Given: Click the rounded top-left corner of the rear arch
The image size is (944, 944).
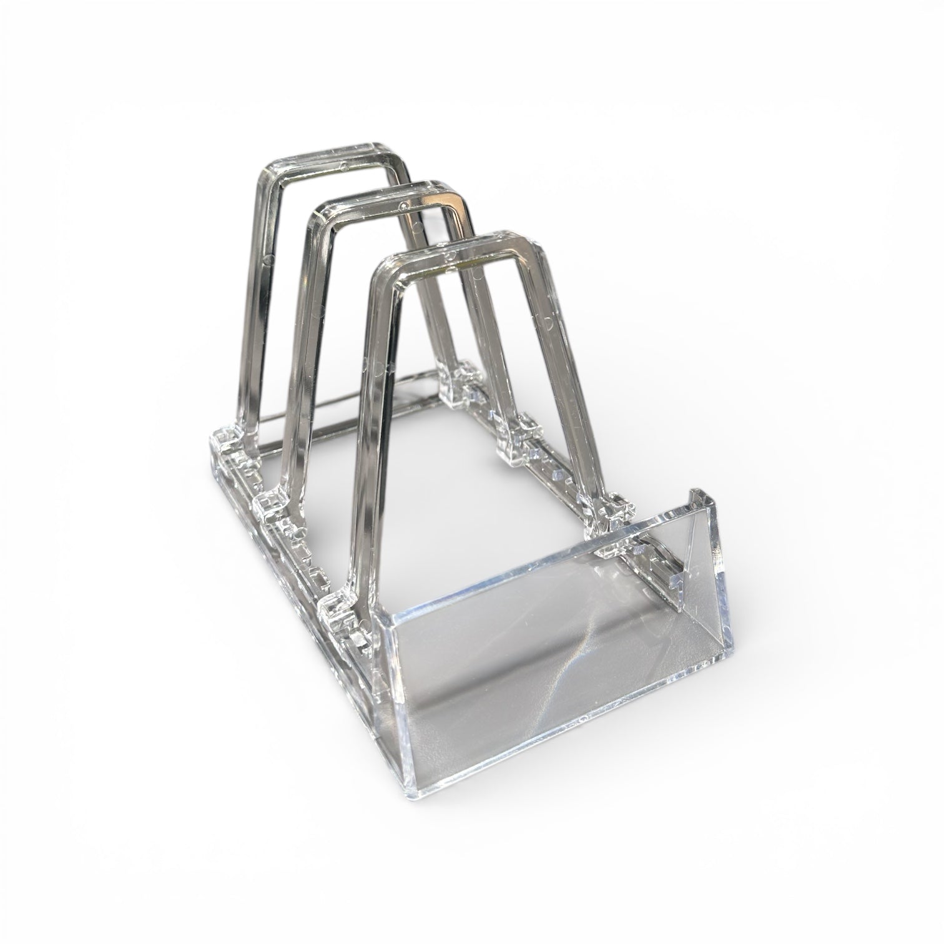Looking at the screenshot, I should point(272,172).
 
